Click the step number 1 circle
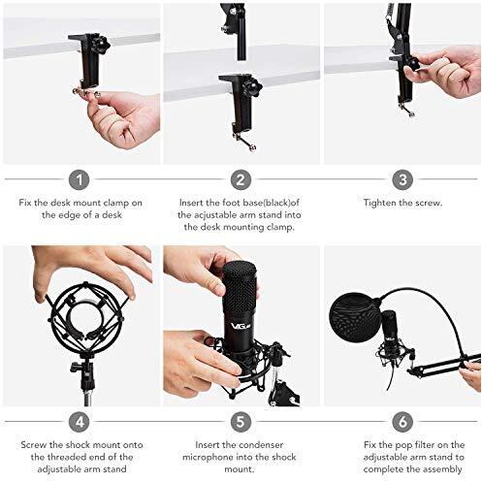click(x=80, y=179)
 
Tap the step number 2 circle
click(x=241, y=179)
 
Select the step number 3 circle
click(x=402, y=179)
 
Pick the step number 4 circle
click(x=80, y=422)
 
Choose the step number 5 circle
click(x=241, y=422)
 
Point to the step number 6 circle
click(x=402, y=422)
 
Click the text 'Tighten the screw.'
click(x=401, y=204)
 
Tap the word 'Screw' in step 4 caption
click(x=36, y=446)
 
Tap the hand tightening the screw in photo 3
click(x=445, y=73)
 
